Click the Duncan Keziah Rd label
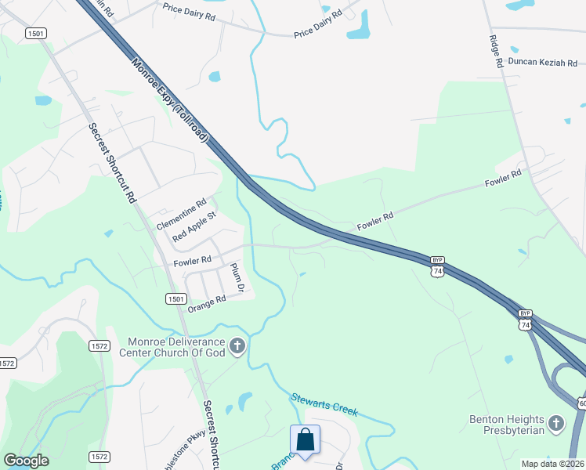[542, 62]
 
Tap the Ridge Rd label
[494, 51]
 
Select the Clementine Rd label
[181, 214]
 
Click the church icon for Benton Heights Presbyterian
[556, 424]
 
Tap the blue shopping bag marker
[306, 439]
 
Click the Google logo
[26, 461]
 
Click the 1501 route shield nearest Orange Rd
[176, 298]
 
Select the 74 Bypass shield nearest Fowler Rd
[437, 266]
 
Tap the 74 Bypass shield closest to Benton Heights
[525, 319]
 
